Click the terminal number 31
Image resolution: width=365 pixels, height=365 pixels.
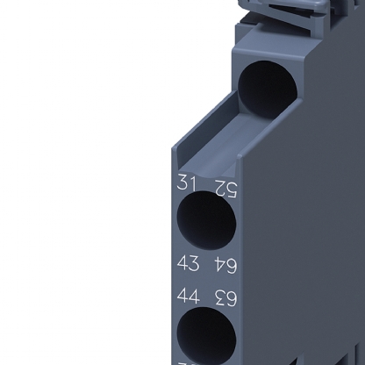[x=185, y=184]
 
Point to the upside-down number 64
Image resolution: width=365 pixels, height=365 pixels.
[x=225, y=264]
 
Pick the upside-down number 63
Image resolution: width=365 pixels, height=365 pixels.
[x=225, y=298]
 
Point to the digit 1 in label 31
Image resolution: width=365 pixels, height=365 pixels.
[x=191, y=184]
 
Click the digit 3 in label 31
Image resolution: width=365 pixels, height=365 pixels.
[x=181, y=184]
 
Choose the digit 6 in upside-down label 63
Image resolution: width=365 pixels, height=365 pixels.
[x=232, y=298]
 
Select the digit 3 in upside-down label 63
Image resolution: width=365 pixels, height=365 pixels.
[x=219, y=298]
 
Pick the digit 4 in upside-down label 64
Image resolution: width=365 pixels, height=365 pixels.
[x=219, y=264]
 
